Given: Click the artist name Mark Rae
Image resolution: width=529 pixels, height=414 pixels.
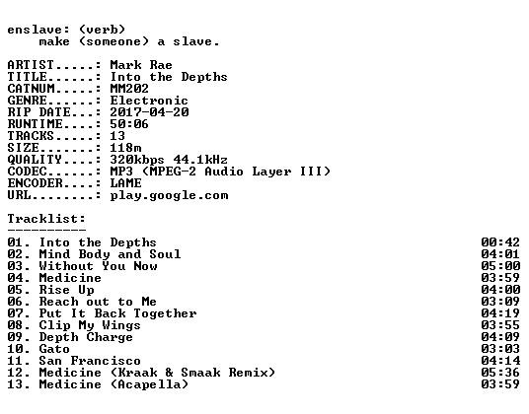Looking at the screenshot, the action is [x=141, y=65].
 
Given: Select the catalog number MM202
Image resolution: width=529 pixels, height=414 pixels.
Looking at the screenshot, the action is [x=129, y=89].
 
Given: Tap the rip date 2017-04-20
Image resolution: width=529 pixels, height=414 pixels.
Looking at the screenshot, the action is [x=149, y=112].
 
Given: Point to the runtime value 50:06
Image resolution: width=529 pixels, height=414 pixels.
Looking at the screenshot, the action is [x=129, y=124].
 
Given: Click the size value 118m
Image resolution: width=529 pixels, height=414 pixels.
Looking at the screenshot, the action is [x=125, y=148].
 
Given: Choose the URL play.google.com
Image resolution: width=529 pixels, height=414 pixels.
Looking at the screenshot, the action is [x=169, y=195].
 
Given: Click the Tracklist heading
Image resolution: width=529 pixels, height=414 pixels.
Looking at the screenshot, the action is [x=46, y=219].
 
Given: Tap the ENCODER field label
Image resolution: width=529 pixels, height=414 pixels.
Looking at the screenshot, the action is [x=35, y=183].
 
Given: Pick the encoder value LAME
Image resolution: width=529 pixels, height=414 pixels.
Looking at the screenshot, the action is [x=125, y=183].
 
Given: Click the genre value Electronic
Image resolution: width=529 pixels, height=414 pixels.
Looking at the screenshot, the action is [x=149, y=101].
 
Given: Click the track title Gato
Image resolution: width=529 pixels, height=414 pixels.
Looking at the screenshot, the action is [x=54, y=349].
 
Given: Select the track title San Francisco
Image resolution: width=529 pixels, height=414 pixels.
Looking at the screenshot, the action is [x=90, y=361].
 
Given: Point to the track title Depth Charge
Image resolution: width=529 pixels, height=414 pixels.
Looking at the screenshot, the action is [x=86, y=337].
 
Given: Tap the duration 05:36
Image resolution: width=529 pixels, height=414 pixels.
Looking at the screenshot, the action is [x=500, y=373].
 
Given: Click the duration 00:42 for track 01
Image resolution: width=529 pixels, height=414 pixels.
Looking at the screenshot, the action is [x=500, y=242].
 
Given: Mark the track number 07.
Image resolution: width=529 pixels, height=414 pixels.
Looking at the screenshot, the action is [x=16, y=313].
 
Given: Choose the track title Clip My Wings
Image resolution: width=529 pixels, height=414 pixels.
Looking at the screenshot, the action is [x=90, y=325].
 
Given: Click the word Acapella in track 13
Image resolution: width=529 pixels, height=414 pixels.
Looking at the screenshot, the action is [x=149, y=384].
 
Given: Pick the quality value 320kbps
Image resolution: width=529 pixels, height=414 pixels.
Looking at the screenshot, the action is [x=137, y=160].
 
